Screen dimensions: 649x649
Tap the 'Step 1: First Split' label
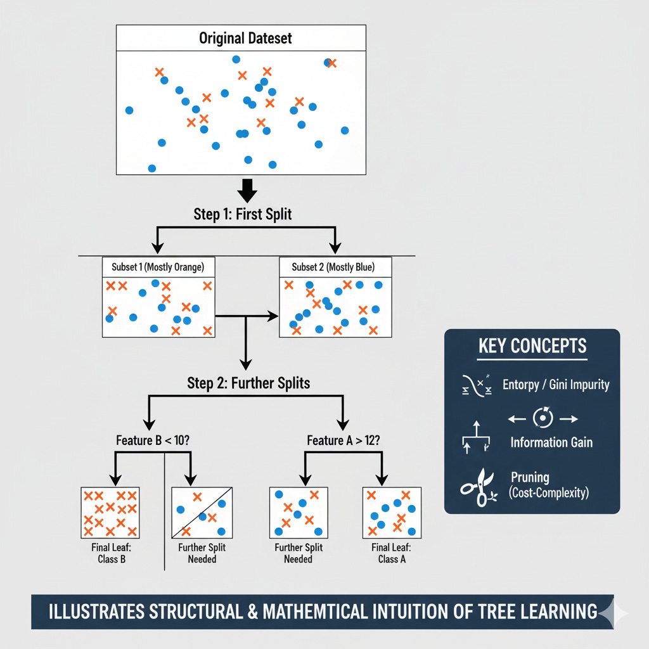(243, 214)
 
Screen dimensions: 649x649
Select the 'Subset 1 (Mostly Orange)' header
(158, 267)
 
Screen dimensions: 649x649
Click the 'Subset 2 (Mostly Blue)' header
(335, 267)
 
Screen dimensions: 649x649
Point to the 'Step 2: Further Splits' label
(248, 383)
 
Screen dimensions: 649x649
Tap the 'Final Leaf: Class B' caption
(110, 553)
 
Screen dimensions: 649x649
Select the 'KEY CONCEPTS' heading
(532, 347)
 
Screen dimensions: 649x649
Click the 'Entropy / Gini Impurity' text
(556, 385)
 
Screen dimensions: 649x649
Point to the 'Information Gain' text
(551, 442)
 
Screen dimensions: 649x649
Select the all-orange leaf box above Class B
(110, 512)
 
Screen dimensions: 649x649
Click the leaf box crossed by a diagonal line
(202, 512)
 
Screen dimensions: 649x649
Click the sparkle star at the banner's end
(614, 612)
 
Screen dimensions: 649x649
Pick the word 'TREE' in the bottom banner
(501, 612)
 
